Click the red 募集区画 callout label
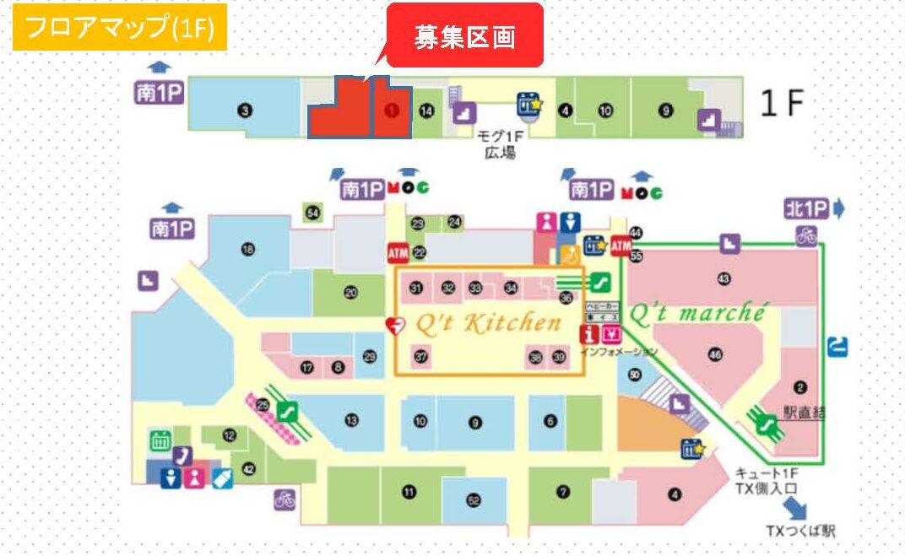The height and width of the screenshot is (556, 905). (x=464, y=37)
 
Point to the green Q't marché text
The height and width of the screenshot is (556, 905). (x=696, y=314)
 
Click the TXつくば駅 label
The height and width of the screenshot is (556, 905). (x=800, y=531)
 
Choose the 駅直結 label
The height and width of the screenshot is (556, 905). (x=804, y=413)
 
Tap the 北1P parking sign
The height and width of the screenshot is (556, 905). (x=807, y=208)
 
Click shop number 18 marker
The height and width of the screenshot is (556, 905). (x=248, y=249)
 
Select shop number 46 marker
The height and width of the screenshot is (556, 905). (x=716, y=355)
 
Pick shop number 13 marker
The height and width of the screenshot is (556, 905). (x=351, y=420)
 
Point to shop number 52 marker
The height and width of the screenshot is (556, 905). (x=474, y=500)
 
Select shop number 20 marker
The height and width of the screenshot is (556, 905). (x=350, y=293)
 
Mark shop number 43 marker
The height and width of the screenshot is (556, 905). (x=723, y=278)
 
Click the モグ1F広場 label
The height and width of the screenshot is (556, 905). (x=500, y=147)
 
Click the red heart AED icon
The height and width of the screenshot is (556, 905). (x=393, y=324)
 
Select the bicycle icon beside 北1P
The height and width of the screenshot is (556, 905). (x=806, y=235)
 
